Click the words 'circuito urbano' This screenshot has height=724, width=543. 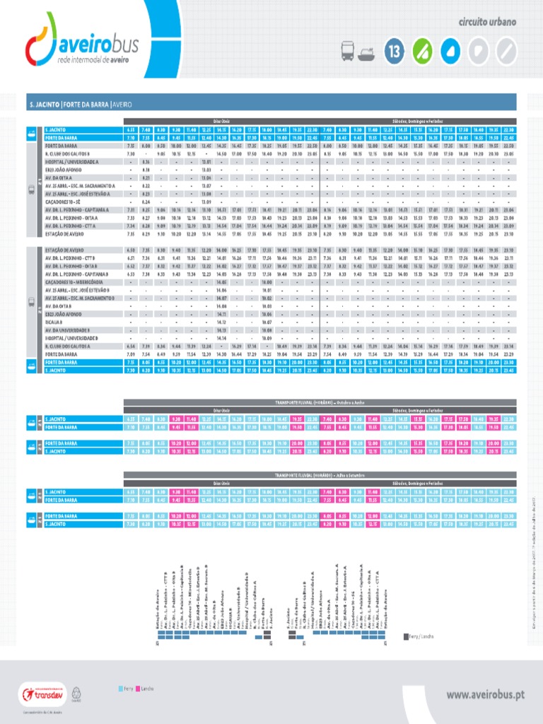[489, 22]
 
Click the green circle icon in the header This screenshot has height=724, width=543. [421, 51]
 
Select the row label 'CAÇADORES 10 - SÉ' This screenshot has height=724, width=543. [63, 202]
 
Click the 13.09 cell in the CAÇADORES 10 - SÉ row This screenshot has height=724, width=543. [207, 202]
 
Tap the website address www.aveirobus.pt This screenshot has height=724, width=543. [485, 695]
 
